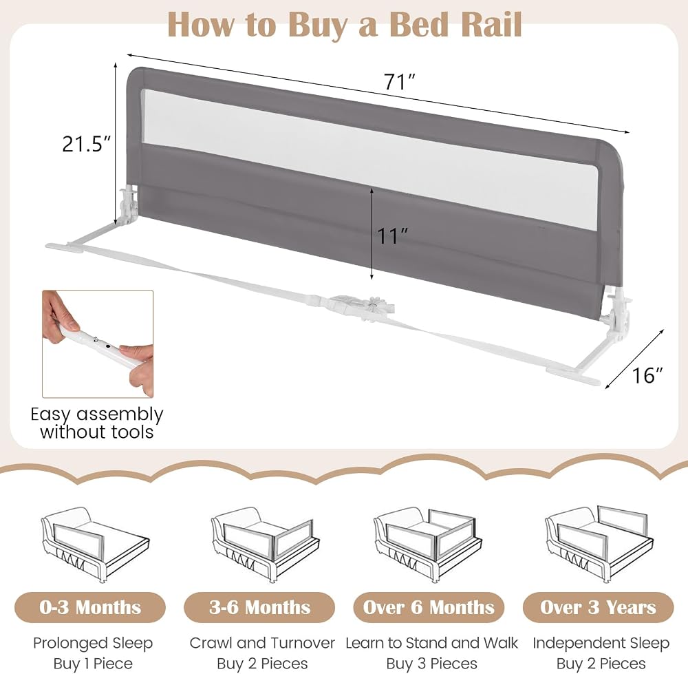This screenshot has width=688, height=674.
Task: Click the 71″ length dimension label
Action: coord(399,82)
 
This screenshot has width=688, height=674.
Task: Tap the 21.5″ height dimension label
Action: coord(87,144)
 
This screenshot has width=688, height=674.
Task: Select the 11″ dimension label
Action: coord(393,235)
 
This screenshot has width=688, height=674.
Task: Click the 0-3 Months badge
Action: coord(90,607)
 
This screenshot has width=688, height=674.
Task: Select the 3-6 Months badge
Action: coord(260,607)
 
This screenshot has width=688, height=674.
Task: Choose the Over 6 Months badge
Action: coord(429,607)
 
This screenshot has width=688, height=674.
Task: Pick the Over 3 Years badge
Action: coord(598,607)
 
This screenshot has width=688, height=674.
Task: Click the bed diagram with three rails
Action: coord(428,545)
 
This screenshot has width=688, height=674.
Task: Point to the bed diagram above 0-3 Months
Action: coord(95,545)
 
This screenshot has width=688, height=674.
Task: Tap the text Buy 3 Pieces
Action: coord(432,663)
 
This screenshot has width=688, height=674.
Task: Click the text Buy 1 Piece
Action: coord(93,663)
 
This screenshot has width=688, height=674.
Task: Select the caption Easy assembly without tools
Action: coord(97,423)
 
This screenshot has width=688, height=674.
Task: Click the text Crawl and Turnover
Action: coord(262,643)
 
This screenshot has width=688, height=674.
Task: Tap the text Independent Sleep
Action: coord(601,643)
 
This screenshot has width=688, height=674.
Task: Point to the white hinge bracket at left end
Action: coord(128,204)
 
